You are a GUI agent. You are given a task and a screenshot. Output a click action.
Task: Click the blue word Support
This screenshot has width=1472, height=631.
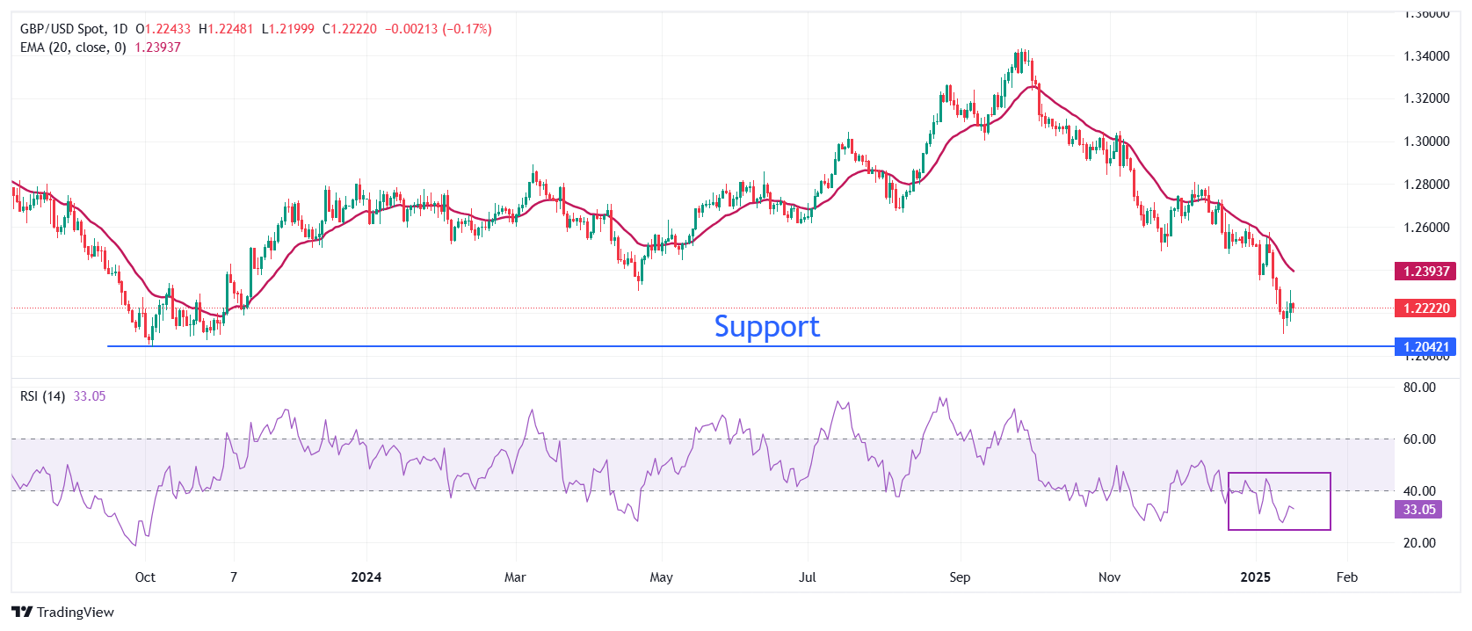click(x=766, y=327)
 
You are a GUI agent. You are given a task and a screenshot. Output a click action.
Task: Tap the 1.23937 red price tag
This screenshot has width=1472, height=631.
click(x=1425, y=271)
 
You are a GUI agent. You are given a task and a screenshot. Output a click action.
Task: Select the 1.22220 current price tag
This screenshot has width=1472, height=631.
click(x=1425, y=308)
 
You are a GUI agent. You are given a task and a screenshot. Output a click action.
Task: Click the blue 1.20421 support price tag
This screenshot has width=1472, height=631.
click(x=1425, y=346)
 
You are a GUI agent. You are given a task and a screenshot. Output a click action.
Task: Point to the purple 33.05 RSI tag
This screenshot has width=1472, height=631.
click(x=1418, y=510)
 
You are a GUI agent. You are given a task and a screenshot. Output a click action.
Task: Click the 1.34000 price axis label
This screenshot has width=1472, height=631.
click(x=1426, y=56)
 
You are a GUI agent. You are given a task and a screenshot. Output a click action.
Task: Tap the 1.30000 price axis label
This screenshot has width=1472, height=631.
click(x=1426, y=141)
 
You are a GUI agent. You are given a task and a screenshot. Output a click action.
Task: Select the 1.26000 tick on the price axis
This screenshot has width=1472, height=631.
click(x=1426, y=228)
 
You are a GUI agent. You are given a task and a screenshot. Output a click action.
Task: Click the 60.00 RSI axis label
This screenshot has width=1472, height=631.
click(x=1419, y=439)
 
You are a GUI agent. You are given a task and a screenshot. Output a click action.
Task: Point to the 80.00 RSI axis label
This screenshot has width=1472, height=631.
click(x=1419, y=388)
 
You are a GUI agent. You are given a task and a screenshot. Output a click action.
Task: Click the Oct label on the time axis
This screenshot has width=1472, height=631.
click(x=145, y=577)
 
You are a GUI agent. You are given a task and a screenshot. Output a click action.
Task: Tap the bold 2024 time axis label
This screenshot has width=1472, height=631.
click(x=366, y=577)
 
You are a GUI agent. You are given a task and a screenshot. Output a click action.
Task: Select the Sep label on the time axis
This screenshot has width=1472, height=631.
click(x=960, y=577)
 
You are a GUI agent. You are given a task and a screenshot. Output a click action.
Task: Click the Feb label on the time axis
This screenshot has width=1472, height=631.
click(x=1346, y=577)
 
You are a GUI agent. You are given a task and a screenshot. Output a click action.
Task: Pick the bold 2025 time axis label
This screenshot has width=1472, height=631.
click(x=1255, y=577)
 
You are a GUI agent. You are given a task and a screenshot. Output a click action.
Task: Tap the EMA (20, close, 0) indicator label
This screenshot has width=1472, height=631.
click(x=73, y=47)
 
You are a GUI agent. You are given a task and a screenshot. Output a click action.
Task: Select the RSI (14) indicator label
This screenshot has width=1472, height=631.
click(x=42, y=396)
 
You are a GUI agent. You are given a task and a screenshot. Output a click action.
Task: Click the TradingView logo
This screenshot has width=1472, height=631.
click(x=63, y=612)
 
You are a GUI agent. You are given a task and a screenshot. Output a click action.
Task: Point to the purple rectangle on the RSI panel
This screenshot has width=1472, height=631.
click(x=1280, y=502)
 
